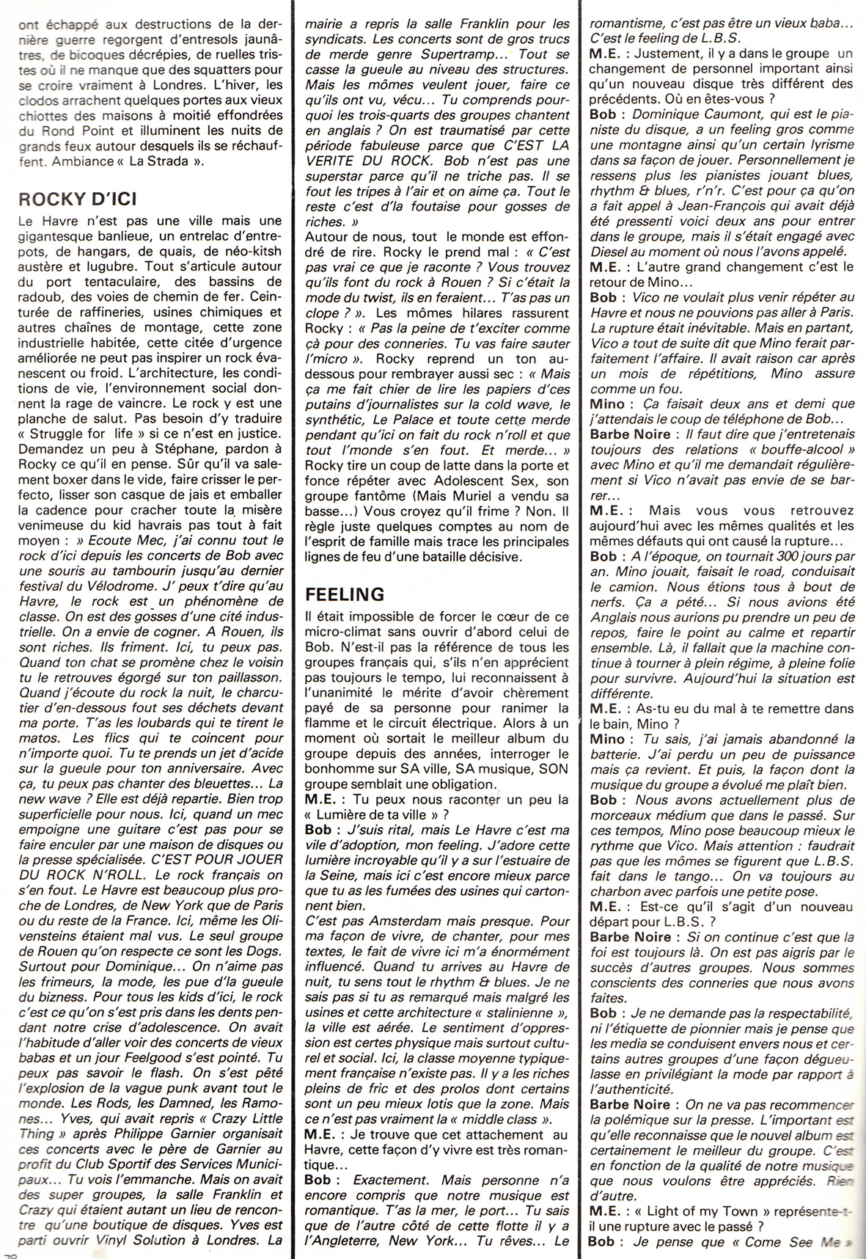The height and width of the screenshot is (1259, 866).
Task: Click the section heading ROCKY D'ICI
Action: coord(78,198)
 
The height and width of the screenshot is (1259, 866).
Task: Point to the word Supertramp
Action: coord(460,55)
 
